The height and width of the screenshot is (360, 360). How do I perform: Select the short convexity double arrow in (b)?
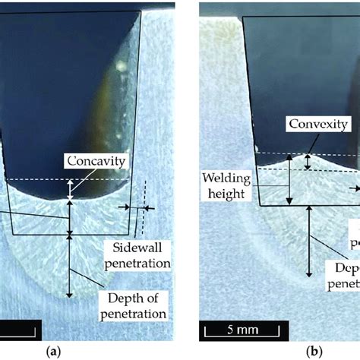(x=308, y=161)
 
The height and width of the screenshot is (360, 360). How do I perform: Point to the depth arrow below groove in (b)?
(x=308, y=243)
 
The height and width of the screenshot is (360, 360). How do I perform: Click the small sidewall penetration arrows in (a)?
(x=137, y=207)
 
